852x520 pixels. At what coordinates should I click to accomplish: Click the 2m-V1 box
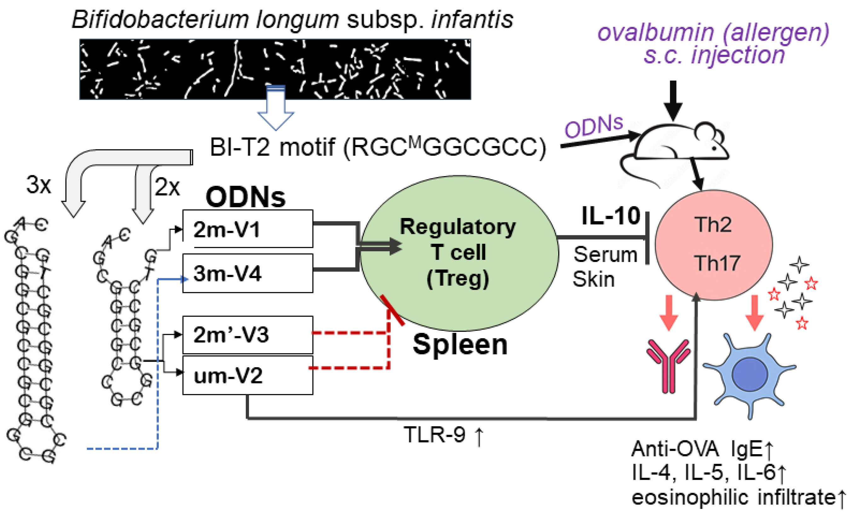coord(248,229)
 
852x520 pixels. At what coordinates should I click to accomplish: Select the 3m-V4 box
coord(248,273)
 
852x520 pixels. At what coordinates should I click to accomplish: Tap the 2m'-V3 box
coord(248,334)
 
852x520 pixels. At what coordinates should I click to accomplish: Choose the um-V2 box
coord(248,375)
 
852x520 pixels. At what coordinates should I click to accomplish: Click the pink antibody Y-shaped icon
coord(668,366)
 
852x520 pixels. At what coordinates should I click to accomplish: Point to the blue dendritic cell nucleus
coord(750,374)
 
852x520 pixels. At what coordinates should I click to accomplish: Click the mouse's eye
coord(714,148)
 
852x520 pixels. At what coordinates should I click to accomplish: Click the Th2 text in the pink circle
coord(713,225)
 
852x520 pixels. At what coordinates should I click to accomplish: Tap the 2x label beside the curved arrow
coord(167,187)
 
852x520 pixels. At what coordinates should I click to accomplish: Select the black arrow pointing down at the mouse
coord(673,100)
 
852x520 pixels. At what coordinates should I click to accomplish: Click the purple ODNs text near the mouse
coord(593,126)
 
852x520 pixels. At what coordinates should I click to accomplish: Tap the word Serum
coord(605,254)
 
